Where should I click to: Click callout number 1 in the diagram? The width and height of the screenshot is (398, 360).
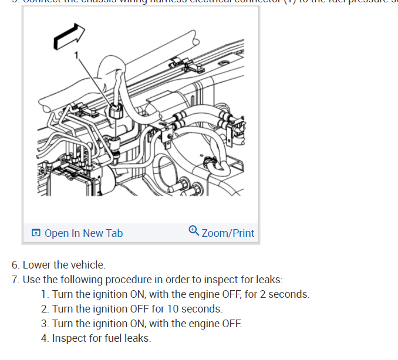click(75, 55)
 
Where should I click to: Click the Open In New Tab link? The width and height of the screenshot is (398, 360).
click(83, 233)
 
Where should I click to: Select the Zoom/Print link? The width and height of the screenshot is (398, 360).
click(228, 233)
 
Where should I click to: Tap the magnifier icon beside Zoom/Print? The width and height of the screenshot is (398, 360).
click(194, 232)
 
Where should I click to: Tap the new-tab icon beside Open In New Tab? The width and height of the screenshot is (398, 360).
click(36, 233)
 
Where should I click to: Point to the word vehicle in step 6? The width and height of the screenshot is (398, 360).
click(87, 265)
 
